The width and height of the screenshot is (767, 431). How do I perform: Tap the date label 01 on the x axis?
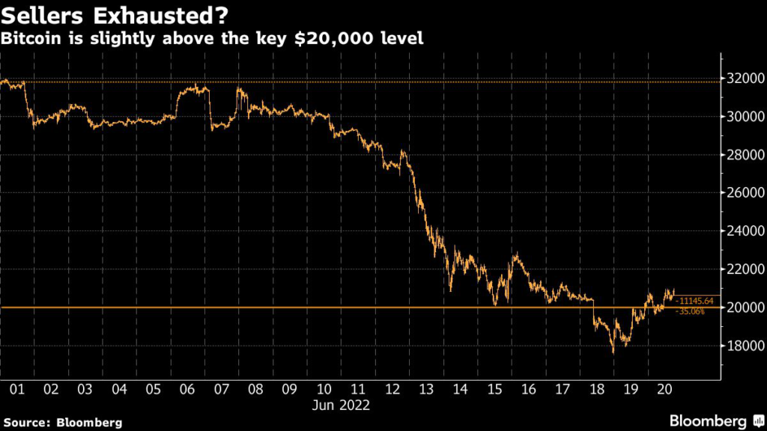click(17, 390)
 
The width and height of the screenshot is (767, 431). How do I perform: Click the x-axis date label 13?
click(426, 390)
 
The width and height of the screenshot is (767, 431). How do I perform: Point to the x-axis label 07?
click(222, 390)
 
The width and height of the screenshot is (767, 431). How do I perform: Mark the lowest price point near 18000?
click(613, 352)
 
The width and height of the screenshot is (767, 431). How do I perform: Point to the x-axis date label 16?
click(528, 390)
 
